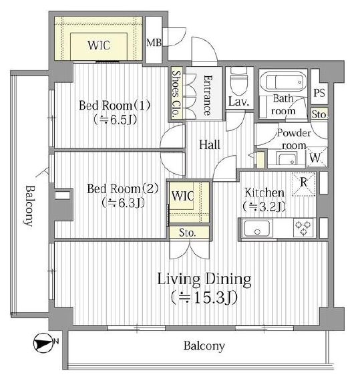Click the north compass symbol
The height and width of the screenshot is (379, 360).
click(x=43, y=343)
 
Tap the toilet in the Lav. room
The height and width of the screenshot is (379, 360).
click(x=239, y=82)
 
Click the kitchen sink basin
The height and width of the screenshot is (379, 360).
click(x=257, y=229)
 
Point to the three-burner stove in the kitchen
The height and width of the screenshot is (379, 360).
click(x=303, y=227)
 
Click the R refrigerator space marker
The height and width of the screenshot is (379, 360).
click(x=304, y=184)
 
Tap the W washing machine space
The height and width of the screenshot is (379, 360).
click(x=317, y=157)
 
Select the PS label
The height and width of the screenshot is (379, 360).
click(x=319, y=93)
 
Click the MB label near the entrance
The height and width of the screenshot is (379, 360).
click(x=154, y=43)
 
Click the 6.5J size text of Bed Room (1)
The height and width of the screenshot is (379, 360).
click(x=115, y=120)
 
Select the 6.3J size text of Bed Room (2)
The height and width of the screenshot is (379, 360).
click(x=123, y=203)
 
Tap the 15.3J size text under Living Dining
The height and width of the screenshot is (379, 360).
click(x=204, y=297)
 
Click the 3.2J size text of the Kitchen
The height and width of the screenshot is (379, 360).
click(x=264, y=207)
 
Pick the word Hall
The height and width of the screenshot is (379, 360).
click(x=210, y=145)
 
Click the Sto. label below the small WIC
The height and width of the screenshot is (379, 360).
click(x=188, y=233)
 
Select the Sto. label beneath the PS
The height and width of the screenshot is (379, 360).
click(x=319, y=114)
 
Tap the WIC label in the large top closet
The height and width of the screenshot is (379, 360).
click(x=99, y=45)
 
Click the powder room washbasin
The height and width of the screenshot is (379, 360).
click(x=287, y=158)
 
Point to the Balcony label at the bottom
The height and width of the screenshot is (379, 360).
click(x=204, y=346)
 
